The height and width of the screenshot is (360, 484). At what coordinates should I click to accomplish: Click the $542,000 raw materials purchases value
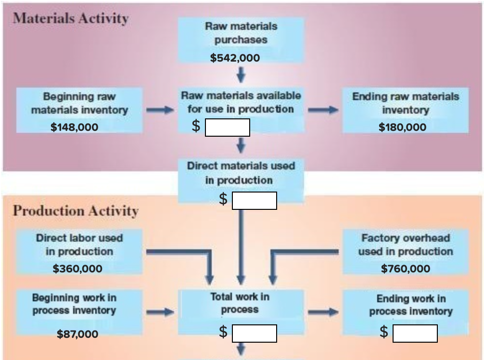pyautogui.click(x=235, y=58)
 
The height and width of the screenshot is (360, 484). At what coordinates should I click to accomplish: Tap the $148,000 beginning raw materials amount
pyautogui.click(x=74, y=127)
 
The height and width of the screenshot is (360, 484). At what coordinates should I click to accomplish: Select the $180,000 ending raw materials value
pyautogui.click(x=402, y=127)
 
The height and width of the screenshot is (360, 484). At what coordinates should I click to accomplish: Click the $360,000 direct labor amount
pyautogui.click(x=77, y=269)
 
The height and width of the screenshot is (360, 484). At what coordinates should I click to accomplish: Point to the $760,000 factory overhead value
pyautogui.click(x=405, y=269)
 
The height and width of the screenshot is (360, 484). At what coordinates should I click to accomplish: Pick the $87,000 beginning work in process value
pyautogui.click(x=77, y=334)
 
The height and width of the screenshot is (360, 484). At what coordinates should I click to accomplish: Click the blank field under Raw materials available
pyautogui.click(x=227, y=128)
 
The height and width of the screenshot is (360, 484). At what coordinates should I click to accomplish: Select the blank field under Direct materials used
pyautogui.click(x=254, y=201)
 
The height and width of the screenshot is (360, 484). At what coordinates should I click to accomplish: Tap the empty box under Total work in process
pyautogui.click(x=254, y=333)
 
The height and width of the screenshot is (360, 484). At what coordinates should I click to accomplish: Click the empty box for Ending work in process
pyautogui.click(x=415, y=333)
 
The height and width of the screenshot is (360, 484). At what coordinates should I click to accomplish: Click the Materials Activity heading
pyautogui.click(x=71, y=18)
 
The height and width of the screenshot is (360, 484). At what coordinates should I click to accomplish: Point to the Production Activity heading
pyautogui.click(x=76, y=211)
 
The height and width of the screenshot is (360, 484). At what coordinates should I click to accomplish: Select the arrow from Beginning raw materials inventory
pyautogui.click(x=159, y=110)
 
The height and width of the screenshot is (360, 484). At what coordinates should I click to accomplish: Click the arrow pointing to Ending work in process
pyautogui.click(x=323, y=312)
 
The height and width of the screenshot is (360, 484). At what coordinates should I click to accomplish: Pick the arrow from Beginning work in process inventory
pyautogui.click(x=159, y=312)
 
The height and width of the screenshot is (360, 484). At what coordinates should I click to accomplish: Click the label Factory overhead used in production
pyautogui.click(x=405, y=244)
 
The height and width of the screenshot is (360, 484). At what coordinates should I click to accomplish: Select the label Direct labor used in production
pyautogui.click(x=79, y=244)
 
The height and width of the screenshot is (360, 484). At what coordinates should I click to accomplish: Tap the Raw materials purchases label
pyautogui.click(x=241, y=33)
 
